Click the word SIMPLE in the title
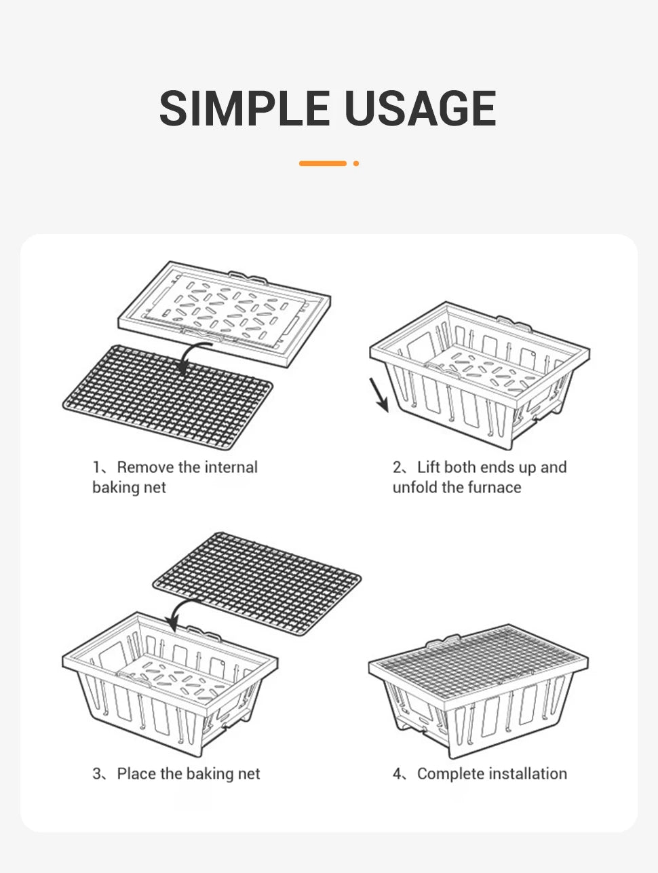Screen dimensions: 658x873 point(244,108)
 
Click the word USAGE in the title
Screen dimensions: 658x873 point(421,108)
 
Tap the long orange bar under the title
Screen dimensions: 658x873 point(322,163)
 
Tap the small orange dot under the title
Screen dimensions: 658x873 point(356,163)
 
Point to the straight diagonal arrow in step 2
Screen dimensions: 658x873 point(379,395)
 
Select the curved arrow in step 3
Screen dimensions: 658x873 point(181,612)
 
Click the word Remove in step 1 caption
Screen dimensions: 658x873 point(145,467)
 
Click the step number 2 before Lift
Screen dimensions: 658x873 point(397,467)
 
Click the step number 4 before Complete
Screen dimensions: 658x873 point(398,774)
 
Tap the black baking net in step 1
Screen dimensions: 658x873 point(168,397)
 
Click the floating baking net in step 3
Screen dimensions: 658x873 point(257,583)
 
